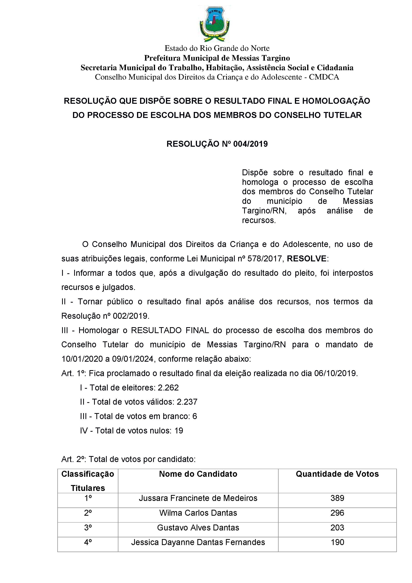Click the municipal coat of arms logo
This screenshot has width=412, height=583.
pos(214,24)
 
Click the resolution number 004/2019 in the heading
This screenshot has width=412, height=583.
pos(250,144)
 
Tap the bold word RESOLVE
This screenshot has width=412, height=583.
pos(306,259)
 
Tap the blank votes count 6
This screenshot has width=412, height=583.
pos(195,416)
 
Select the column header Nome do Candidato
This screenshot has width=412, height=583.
pos(198,474)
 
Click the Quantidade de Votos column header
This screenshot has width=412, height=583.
pos(337,474)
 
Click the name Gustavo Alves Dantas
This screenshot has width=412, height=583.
pos(198,527)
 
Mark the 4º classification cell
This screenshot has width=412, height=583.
pos(88,542)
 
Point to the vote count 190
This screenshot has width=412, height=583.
pos(337,542)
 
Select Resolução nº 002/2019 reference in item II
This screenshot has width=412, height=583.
pos(105,316)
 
